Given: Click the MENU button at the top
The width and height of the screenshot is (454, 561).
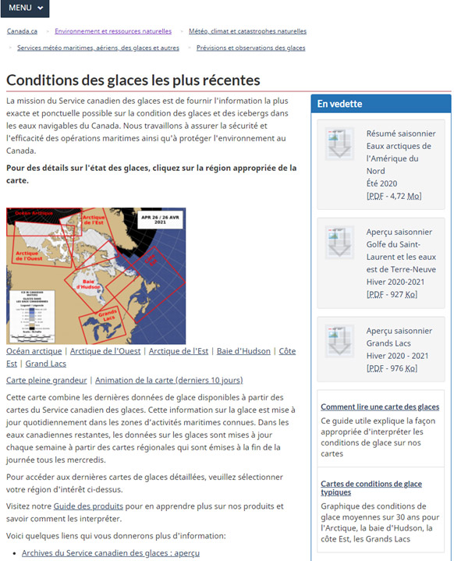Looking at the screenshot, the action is (25, 8).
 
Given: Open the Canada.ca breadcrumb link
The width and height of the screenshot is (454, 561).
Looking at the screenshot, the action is (22, 31).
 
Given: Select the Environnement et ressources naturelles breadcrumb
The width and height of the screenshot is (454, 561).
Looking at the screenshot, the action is (113, 31).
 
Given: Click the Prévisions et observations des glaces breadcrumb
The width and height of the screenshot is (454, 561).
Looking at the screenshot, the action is (250, 48).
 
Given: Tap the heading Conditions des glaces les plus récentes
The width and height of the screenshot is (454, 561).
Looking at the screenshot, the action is (133, 80).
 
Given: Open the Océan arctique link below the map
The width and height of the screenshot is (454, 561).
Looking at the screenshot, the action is (34, 352).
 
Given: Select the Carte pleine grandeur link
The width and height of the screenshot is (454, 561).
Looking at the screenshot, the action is (47, 381).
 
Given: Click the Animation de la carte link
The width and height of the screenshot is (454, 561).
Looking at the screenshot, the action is (168, 381).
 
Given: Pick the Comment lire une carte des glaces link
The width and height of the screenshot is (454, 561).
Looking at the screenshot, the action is (379, 407).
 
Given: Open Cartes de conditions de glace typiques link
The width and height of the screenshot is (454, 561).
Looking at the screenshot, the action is (373, 488).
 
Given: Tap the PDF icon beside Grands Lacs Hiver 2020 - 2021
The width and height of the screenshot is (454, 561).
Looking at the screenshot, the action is (340, 340).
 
